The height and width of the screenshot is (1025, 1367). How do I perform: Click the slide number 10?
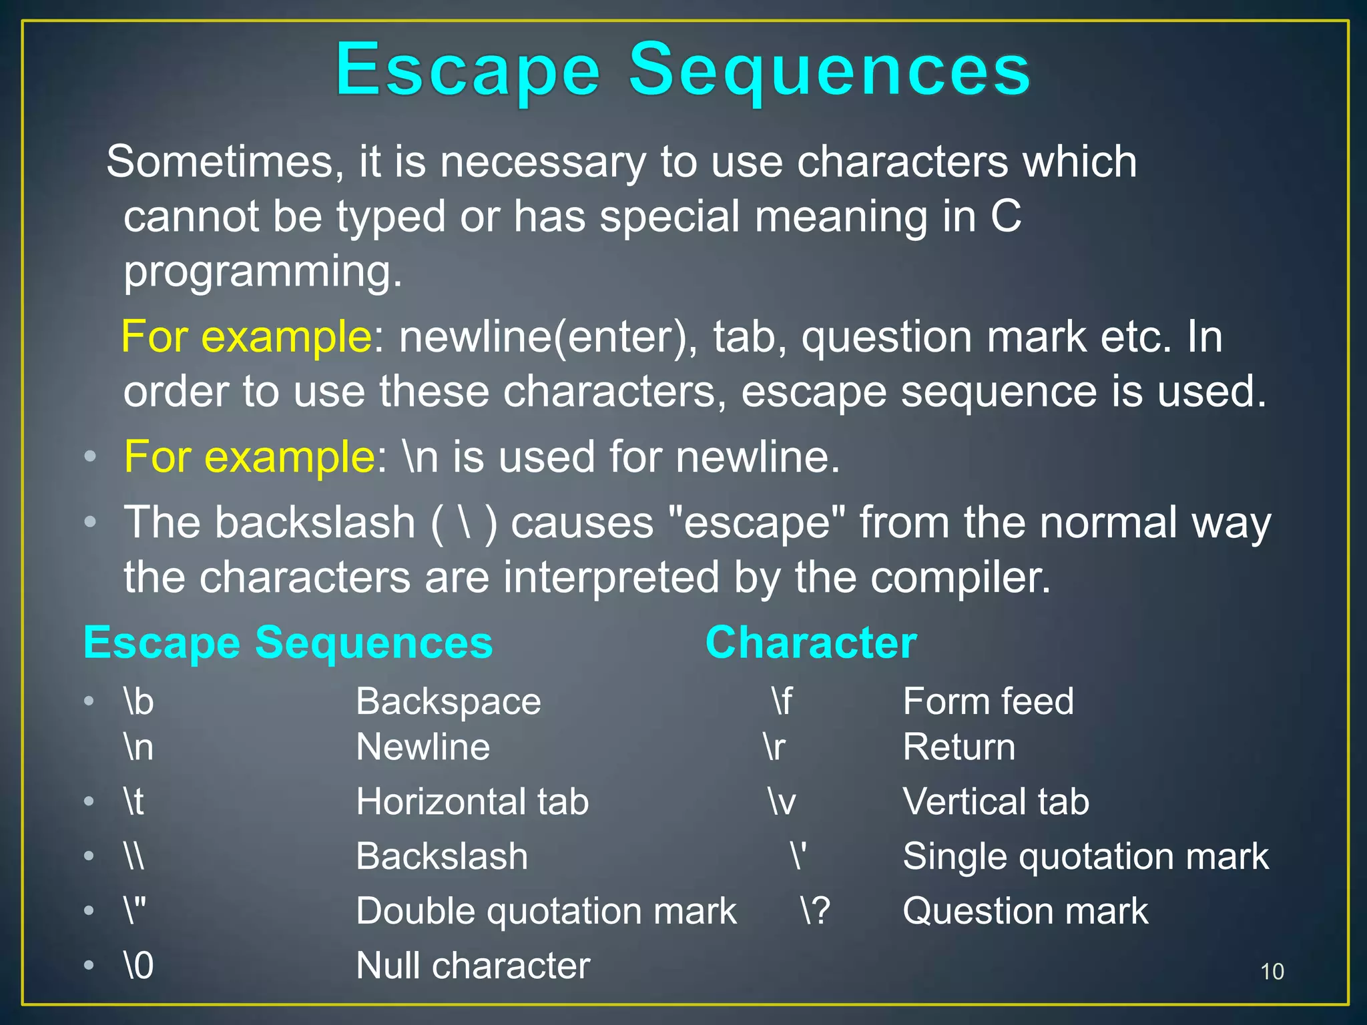tap(1272, 972)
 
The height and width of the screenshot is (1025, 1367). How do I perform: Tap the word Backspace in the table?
tap(448, 702)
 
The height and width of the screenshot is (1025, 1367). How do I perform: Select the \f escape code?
tap(782, 702)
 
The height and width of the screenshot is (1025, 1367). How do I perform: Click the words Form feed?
tap(988, 702)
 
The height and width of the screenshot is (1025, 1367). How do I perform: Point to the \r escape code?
tap(774, 747)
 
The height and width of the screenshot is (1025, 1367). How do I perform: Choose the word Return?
tap(959, 747)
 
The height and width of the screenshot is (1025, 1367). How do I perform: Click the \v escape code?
tap(781, 802)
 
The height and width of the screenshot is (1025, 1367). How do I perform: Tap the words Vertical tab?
tap(995, 802)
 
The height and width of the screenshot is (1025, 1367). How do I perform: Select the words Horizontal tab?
tap(472, 802)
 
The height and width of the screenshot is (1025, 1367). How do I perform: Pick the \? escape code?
tap(815, 911)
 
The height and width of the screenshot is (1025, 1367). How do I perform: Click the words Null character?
tap(473, 966)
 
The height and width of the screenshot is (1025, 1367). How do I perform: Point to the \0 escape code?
tap(139, 966)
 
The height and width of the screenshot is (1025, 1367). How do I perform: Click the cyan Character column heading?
tap(811, 643)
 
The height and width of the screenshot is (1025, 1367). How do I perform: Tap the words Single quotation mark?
tap(1085, 857)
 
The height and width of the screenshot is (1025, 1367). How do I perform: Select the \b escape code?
tap(139, 702)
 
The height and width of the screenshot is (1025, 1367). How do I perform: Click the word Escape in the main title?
tap(468, 71)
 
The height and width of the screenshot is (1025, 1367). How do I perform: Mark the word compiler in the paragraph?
tap(961, 577)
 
